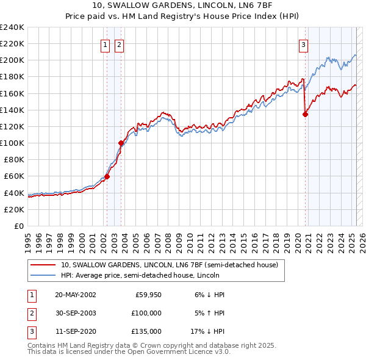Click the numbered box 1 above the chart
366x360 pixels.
tap(106, 44)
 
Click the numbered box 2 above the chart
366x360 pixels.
tap(119, 44)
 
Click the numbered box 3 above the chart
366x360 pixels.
tap(303, 44)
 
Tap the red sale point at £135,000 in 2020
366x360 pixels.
tap(306, 113)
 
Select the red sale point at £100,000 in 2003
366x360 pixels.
tap(121, 143)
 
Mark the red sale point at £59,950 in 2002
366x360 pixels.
tap(107, 176)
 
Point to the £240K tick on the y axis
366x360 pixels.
tap(12, 27)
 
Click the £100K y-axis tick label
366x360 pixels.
tap(12, 143)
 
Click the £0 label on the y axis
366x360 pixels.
tap(18, 226)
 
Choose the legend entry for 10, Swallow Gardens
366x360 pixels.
tap(169, 265)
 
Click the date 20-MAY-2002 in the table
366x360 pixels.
tap(75, 294)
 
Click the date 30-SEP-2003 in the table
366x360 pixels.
tap(75, 313)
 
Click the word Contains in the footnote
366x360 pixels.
tap(42, 345)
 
